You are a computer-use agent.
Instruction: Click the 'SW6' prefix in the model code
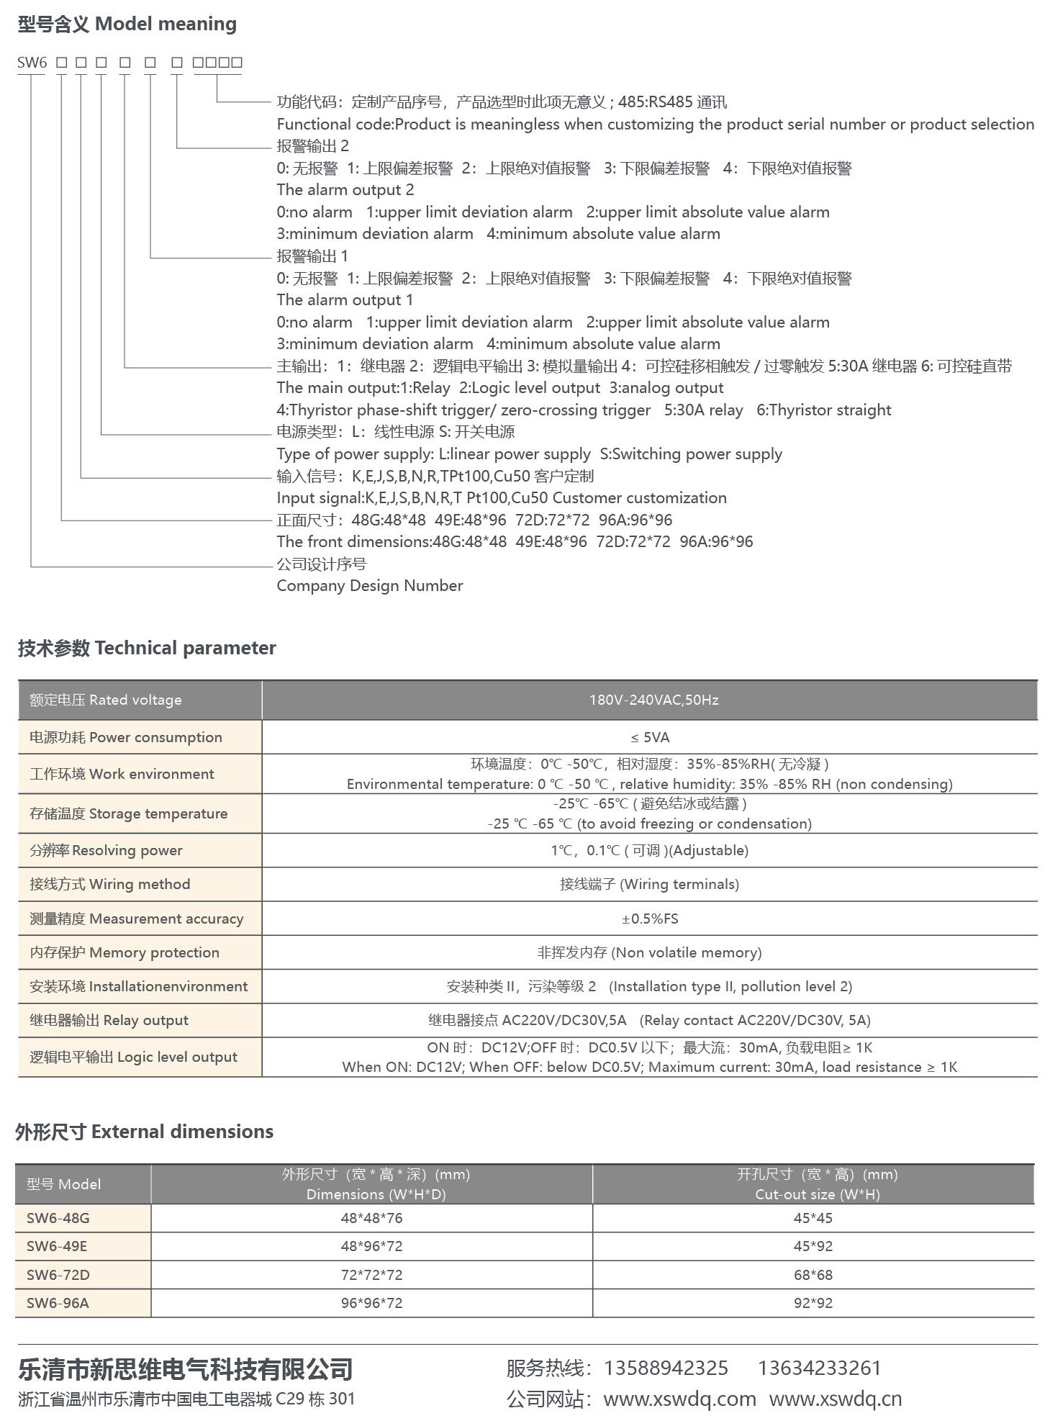point(32,63)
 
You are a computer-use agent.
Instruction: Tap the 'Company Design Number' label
point(369,586)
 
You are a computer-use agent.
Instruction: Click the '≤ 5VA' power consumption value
point(650,737)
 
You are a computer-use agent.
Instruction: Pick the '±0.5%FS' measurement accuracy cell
point(650,919)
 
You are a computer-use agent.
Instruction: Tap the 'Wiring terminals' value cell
point(650,884)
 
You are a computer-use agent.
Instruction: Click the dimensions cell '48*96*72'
point(371,1246)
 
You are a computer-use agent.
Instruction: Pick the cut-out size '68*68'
point(813,1275)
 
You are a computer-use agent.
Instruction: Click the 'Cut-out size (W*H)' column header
point(818,1194)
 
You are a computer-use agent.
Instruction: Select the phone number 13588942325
point(666,1368)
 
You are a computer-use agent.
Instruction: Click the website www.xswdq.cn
point(835,1399)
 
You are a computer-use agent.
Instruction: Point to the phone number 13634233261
point(819,1368)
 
